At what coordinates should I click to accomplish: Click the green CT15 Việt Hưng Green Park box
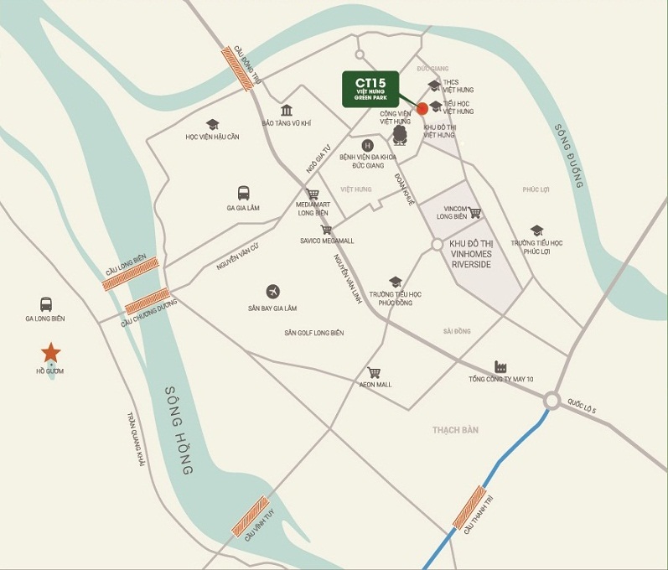click(370, 89)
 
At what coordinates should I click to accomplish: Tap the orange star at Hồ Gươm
click(51, 352)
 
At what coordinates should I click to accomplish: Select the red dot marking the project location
click(422, 108)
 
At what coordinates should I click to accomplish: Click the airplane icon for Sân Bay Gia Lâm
click(272, 291)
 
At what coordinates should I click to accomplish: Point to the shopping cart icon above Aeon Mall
click(374, 372)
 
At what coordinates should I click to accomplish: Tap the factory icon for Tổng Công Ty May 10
click(501, 366)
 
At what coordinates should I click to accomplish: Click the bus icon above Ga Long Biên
click(45, 304)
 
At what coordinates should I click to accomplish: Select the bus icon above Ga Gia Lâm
click(243, 193)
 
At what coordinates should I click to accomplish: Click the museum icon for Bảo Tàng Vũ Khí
click(287, 111)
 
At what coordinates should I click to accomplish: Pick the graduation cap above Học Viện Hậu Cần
click(213, 124)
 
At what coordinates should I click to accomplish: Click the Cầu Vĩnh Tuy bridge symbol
click(250, 520)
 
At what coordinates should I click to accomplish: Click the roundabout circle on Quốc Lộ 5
click(551, 401)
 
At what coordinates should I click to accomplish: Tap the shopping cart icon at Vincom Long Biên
click(474, 213)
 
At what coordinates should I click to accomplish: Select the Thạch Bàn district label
click(455, 430)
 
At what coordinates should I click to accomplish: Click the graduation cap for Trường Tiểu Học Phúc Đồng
click(395, 282)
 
